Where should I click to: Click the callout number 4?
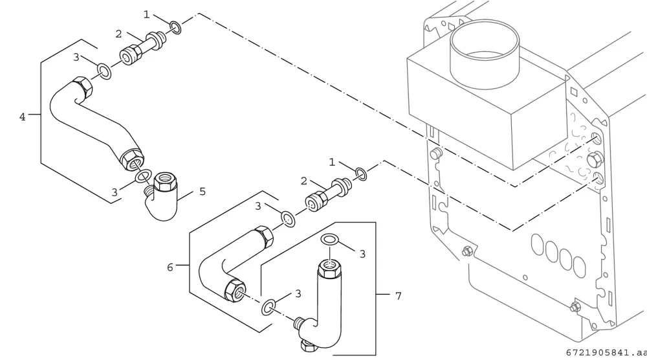22,117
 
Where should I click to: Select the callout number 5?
202,192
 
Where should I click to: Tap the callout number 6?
170,267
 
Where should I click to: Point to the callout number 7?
398,296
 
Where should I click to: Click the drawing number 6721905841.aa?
606,353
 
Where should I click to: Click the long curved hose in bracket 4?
96,122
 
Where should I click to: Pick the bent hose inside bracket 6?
233,264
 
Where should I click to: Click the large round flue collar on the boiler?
485,54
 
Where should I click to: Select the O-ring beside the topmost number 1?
175,27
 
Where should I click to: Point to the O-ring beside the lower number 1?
361,174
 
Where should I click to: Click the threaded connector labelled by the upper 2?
143,46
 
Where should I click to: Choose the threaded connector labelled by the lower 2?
329,194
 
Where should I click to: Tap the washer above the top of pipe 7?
330,239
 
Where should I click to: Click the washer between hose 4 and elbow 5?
143,177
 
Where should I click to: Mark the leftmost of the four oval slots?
538,244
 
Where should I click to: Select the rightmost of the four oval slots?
579,267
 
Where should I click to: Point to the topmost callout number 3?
76,57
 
